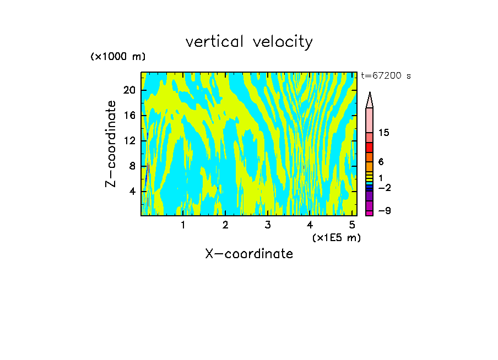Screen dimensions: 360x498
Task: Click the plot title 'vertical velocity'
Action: pyautogui.click(x=249, y=42)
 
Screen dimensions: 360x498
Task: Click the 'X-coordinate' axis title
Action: pyautogui.click(x=249, y=254)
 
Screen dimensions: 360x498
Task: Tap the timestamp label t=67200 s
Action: pyautogui.click(x=386, y=76)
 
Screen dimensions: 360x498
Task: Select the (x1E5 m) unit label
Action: pyautogui.click(x=336, y=238)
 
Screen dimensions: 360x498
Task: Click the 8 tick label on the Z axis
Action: pyautogui.click(x=132, y=166)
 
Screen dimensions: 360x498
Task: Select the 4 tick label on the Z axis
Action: pyautogui.click(x=132, y=192)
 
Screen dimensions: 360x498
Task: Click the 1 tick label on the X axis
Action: pyautogui.click(x=183, y=225)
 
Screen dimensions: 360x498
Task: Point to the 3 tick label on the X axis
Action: pyautogui.click(x=267, y=225)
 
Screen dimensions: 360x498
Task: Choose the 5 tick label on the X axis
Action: pyautogui.click(x=352, y=225)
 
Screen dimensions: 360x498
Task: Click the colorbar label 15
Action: pyautogui.click(x=384, y=133)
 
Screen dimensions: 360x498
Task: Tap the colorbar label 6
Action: pyautogui.click(x=381, y=162)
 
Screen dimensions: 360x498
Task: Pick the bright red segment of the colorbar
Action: pyautogui.click(x=370, y=148)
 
